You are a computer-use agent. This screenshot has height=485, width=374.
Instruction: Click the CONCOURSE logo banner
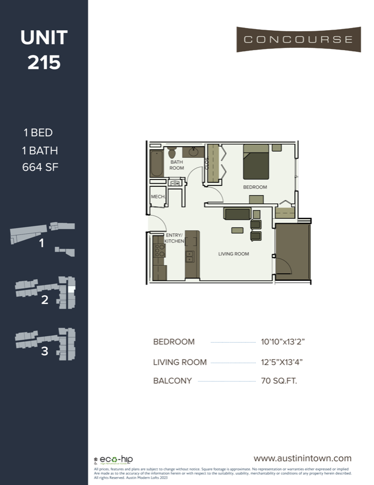[298, 39]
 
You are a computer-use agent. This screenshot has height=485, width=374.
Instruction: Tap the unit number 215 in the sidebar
[44, 63]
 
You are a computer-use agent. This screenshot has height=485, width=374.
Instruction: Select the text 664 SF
[40, 167]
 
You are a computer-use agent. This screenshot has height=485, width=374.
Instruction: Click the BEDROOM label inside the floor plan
[255, 187]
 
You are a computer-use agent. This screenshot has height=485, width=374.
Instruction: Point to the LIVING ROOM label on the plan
[233, 254]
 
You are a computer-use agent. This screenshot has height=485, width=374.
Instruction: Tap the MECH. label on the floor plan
[158, 197]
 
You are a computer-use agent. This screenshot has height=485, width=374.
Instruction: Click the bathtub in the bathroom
[157, 162]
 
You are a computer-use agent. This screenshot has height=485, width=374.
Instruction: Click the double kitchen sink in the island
[190, 256]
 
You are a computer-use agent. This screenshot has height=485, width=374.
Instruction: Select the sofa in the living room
[237, 214]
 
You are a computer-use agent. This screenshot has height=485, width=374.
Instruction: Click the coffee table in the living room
[237, 231]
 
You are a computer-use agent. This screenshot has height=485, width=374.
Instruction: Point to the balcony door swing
[283, 265]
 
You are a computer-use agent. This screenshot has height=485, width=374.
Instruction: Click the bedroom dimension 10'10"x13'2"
[283, 342]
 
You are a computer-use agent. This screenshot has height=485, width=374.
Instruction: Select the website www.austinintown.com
[302, 458]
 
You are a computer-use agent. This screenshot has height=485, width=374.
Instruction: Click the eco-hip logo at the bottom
[116, 460]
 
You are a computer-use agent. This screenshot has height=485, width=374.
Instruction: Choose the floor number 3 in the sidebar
[44, 351]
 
